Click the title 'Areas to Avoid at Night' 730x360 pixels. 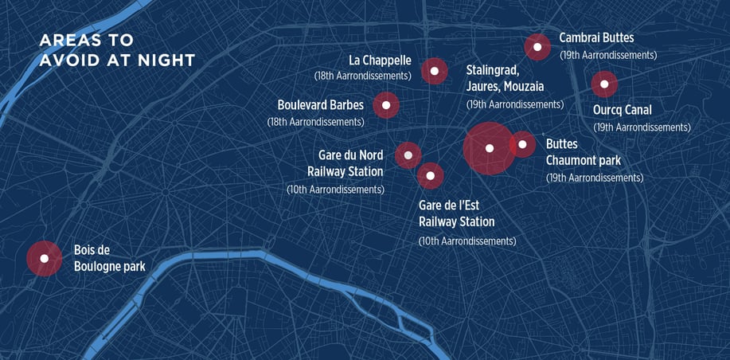pos(117,51)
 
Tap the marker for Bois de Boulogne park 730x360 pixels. pos(45,258)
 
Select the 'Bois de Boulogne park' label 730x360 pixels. pos(109,258)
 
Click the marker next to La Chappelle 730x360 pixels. pos(434,71)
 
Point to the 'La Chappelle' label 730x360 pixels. pos(380,61)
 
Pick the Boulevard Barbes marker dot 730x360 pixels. pos(386,104)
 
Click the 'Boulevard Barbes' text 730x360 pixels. pos(320,105)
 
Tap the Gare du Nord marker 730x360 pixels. pos(408,155)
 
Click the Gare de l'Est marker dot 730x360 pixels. pos(430,175)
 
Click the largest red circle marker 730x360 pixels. pos(489,148)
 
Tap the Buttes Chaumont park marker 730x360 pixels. pos(522,144)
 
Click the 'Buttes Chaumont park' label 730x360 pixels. pos(584,152)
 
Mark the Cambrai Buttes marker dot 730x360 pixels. pos(537,48)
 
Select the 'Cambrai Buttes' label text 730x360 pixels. pos(596,38)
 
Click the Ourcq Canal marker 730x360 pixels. pos(604,84)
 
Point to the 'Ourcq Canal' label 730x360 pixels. pos(622,110)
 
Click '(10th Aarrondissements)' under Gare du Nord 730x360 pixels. pos(335,190)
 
